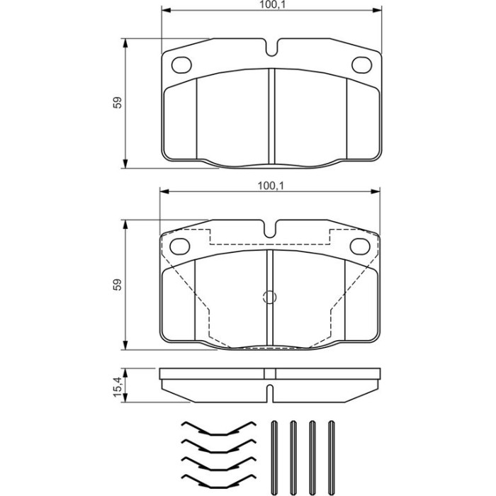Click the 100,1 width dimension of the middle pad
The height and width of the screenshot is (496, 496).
pyautogui.click(x=271, y=186)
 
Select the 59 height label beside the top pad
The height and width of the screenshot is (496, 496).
pyautogui.click(x=118, y=103)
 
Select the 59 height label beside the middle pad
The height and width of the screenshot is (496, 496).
pyautogui.click(x=118, y=285)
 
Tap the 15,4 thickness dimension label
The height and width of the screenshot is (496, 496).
pyautogui.click(x=118, y=387)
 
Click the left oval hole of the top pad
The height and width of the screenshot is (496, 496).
pyautogui.click(x=181, y=65)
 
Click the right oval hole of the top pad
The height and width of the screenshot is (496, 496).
pyautogui.click(x=361, y=65)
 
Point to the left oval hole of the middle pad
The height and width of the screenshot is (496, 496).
pyautogui.click(x=180, y=246)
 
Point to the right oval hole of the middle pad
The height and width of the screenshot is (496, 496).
pyautogui.click(x=360, y=246)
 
